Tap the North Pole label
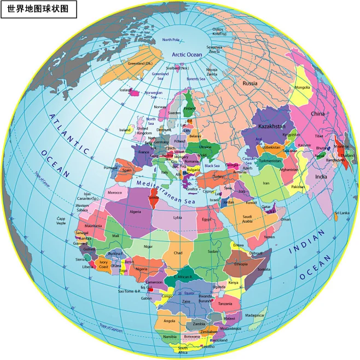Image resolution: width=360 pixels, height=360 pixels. click(171, 39)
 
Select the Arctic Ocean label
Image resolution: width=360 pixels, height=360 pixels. click(187, 55)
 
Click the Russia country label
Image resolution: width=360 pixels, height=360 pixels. click(250, 83)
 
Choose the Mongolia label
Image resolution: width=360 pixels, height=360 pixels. click(302, 88)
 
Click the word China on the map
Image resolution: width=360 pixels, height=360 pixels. click(318, 114)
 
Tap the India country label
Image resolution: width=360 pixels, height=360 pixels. click(321, 177)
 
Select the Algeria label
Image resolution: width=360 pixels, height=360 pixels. click(135, 211)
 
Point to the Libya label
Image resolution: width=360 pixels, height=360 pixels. click(178, 217)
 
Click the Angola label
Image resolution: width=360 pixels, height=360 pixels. click(170, 321)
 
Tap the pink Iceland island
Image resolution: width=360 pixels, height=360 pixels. click(133, 92)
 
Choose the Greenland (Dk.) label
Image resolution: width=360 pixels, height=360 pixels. click(140, 63)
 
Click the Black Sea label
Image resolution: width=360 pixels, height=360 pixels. click(212, 165)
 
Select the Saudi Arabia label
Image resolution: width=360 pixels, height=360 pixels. click(247, 219)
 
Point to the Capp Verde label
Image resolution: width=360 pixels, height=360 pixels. click(61, 220)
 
